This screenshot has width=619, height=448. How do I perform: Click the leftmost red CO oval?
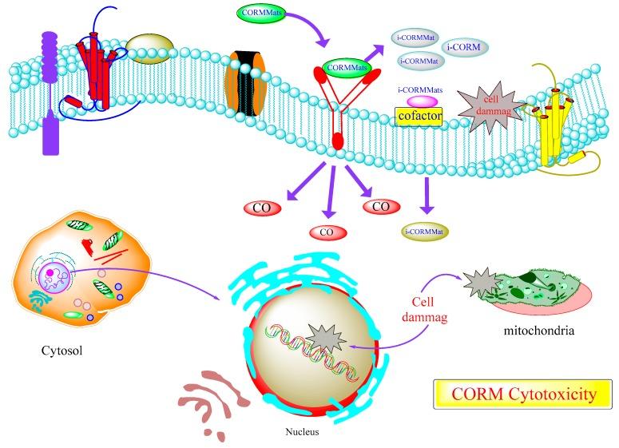(x=261, y=208)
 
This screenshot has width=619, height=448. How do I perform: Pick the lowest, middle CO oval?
(x=328, y=232)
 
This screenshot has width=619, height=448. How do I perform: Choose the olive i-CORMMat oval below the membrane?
(x=424, y=232)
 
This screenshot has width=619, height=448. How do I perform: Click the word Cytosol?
(x=60, y=350)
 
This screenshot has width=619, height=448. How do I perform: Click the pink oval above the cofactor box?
(x=423, y=101)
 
